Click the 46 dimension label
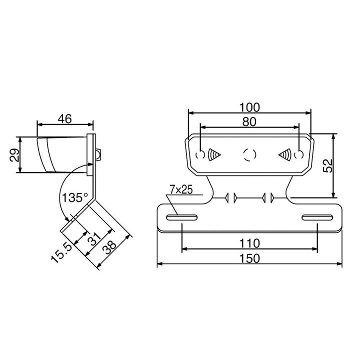[x=64, y=118]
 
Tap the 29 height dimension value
[x=14, y=155]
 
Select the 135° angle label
[x=75, y=197]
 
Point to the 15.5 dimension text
[x=61, y=253]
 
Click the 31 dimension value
[x=94, y=239]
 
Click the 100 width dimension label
[x=249, y=107]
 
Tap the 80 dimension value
[x=249, y=121]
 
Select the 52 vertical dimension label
[x=327, y=165]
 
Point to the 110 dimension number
[x=249, y=243]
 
